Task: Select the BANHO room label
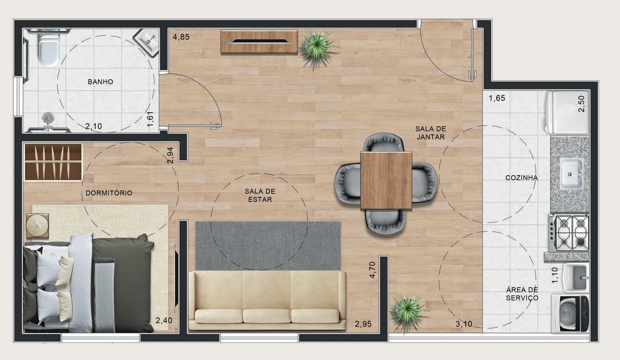click(100, 82)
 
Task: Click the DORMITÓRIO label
click(109, 193)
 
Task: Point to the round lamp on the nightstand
click(37, 226)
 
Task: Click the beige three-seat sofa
click(267, 300)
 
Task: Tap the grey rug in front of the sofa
click(268, 245)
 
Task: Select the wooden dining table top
click(386, 180)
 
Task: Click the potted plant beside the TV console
click(317, 47)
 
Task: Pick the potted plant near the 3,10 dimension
click(407, 311)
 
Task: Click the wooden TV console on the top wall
click(259, 42)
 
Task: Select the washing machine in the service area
click(571, 313)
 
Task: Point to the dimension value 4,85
click(181, 37)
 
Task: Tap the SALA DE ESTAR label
click(259, 195)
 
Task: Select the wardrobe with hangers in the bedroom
click(53, 162)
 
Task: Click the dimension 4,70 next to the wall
click(373, 270)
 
